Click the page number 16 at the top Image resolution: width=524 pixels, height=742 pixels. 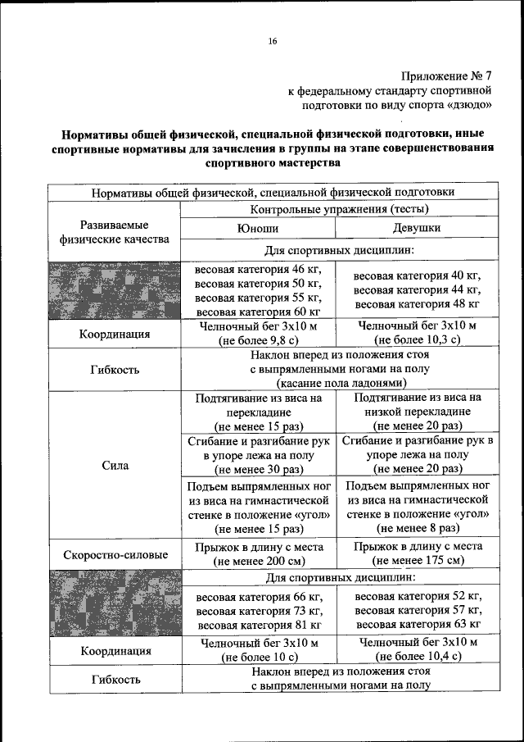273,41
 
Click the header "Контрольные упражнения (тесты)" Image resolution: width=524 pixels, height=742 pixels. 337,210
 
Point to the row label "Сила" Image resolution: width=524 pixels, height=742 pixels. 114,465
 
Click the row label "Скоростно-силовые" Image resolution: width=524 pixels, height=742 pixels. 114,554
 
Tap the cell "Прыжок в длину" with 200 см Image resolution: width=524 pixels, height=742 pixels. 258,553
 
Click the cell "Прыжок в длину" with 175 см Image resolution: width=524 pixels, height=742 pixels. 418,553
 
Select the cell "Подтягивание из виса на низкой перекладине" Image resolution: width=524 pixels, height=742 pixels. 418,412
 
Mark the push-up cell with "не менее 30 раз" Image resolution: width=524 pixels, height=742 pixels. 258,456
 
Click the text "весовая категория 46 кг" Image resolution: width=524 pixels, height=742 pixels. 258,269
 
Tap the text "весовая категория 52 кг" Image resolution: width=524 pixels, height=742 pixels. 418,595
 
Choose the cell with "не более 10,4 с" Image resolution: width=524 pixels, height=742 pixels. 418,649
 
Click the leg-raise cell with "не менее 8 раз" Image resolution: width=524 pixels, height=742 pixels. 418,508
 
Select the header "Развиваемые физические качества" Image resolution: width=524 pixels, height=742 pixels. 114,232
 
